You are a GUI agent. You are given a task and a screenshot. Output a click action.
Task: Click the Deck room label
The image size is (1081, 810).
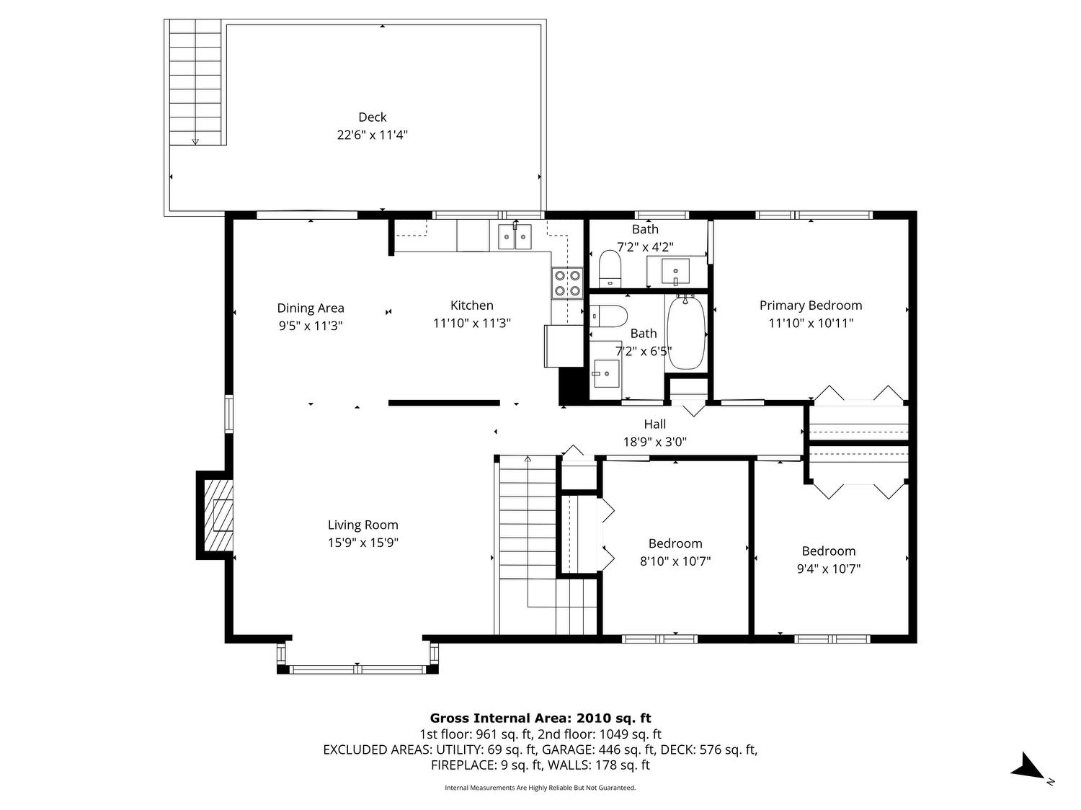[x=373, y=117]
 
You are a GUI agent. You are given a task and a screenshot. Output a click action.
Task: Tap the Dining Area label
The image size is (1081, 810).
[x=311, y=308]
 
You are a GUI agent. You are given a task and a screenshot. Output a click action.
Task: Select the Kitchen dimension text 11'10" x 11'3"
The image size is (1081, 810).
[x=472, y=323]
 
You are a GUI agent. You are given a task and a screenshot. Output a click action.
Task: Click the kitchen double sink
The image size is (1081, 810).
[x=515, y=236]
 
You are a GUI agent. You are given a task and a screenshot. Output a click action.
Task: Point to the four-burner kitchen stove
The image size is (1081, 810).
[x=567, y=282]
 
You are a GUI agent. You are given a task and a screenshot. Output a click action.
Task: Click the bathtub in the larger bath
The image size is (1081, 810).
[x=686, y=333]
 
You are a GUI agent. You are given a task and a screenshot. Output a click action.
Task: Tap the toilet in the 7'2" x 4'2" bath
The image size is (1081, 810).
[x=610, y=268]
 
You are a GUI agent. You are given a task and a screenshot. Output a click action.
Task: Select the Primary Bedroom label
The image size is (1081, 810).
[x=811, y=306]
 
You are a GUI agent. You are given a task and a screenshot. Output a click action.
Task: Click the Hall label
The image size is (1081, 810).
[x=654, y=424]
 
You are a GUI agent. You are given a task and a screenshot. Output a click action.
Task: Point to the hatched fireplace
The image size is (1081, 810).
[x=218, y=515]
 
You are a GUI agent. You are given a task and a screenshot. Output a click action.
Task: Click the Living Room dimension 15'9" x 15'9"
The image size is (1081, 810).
[x=363, y=543]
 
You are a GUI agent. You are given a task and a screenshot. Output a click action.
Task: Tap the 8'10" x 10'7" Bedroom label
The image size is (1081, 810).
[x=675, y=543]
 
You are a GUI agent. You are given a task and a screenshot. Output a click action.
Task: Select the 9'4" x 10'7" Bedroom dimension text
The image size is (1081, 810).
[x=828, y=569]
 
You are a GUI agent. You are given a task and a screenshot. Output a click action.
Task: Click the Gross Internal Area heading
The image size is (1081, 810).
[x=540, y=718]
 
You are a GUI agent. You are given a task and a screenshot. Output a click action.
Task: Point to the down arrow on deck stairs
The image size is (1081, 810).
[x=195, y=141]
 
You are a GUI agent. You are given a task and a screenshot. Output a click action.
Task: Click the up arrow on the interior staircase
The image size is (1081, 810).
[x=528, y=460]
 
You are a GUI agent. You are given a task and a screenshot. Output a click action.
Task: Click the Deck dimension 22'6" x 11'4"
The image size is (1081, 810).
[x=373, y=135]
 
